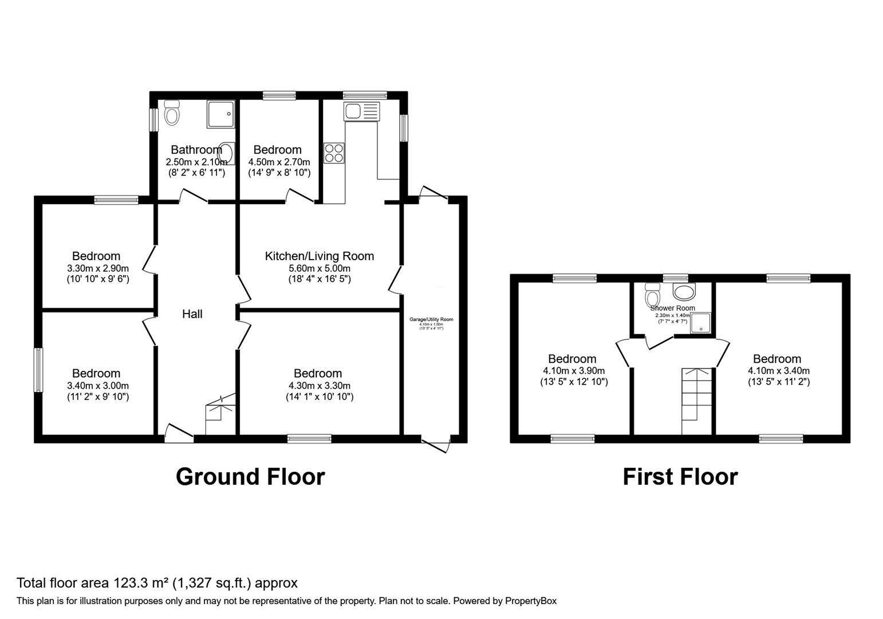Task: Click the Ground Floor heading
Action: [x=250, y=477]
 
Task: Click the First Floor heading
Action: [x=680, y=477]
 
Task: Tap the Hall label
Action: [x=192, y=314]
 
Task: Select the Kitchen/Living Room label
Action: [x=319, y=256]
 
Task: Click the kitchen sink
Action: [x=361, y=111]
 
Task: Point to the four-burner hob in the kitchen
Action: [x=334, y=152]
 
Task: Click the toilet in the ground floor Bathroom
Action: [x=171, y=113]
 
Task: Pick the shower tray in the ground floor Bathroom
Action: [x=220, y=115]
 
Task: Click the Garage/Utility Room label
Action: [x=431, y=319]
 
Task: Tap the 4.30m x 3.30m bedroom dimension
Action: [x=319, y=386]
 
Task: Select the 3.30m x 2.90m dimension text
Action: [x=98, y=268]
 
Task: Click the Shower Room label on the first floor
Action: [x=672, y=308]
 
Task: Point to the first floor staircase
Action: [x=696, y=401]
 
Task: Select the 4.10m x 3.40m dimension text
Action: [x=778, y=371]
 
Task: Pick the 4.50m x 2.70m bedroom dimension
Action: [x=279, y=162]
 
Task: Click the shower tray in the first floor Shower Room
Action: [x=700, y=323]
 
